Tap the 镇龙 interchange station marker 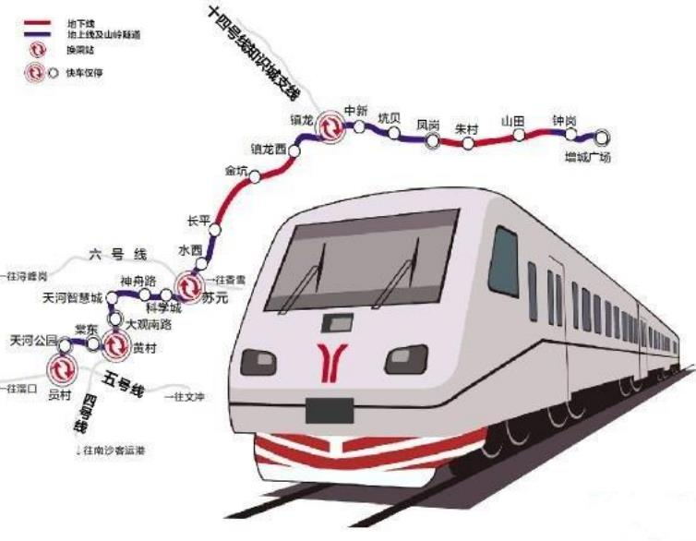[x=329, y=127]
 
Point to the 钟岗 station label [x=564, y=121]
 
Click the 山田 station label [x=512, y=121]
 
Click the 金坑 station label [x=236, y=171]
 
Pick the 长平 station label [x=199, y=221]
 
